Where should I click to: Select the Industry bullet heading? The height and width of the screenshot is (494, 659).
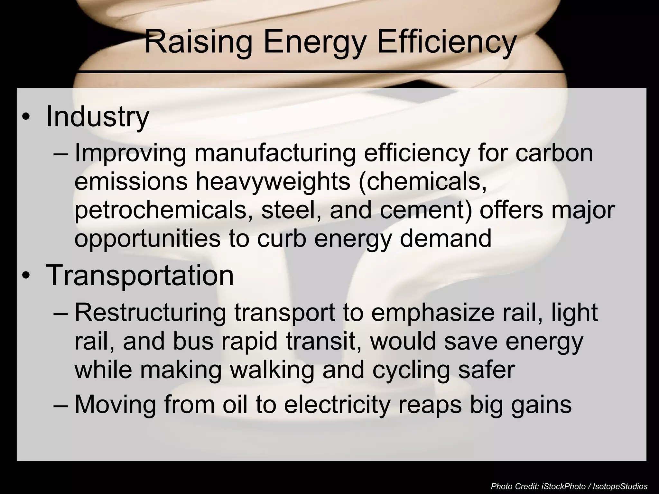[97, 116]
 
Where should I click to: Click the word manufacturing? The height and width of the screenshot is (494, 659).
[275, 154]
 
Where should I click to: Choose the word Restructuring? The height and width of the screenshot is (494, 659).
[151, 313]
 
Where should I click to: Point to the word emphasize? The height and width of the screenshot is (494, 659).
[433, 313]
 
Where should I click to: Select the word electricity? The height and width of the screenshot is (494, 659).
[337, 404]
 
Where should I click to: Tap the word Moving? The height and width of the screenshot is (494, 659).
[115, 404]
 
